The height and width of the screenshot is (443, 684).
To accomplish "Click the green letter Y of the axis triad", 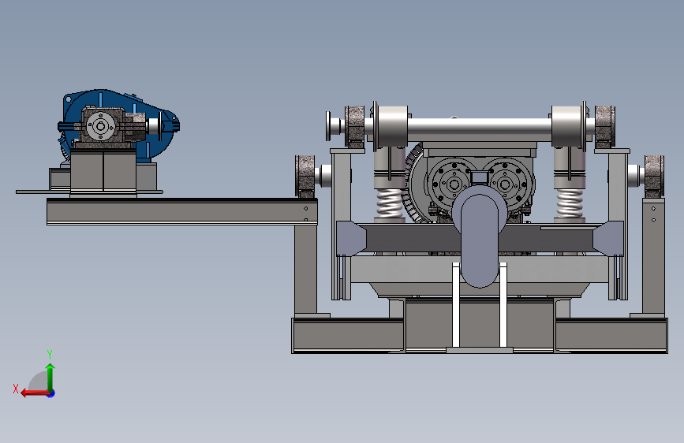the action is (x=50, y=354).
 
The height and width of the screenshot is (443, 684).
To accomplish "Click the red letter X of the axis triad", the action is (x=16, y=389).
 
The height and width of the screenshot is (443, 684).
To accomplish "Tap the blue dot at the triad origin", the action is (x=51, y=393).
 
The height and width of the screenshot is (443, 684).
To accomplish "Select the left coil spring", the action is (x=390, y=203).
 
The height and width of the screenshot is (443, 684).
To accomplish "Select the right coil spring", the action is (x=570, y=203).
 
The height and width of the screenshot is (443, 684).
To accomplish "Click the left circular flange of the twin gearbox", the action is (x=453, y=184).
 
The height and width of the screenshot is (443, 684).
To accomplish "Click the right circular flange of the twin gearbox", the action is (x=506, y=184).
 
